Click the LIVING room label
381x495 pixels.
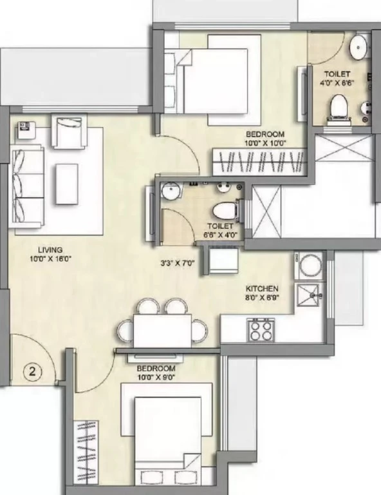pyautogui.click(x=50, y=250)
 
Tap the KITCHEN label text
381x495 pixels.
pyautogui.click(x=262, y=289)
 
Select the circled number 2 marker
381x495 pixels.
pyautogui.click(x=32, y=371)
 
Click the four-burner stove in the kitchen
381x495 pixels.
pyautogui.click(x=261, y=329)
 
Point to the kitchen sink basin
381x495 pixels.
pyautogui.click(x=306, y=295)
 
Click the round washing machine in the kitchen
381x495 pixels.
pyautogui.click(x=310, y=265)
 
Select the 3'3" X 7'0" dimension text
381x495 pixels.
pyautogui.click(x=178, y=263)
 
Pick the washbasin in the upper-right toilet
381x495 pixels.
pyautogui.click(x=358, y=46)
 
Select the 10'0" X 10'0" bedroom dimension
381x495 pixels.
pyautogui.click(x=265, y=143)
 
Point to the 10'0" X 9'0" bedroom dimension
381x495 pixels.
pyautogui.click(x=156, y=377)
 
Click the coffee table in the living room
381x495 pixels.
pyautogui.click(x=67, y=184)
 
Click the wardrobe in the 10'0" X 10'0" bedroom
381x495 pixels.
pyautogui.click(x=259, y=162)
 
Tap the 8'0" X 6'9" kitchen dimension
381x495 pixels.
pyautogui.click(x=262, y=297)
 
